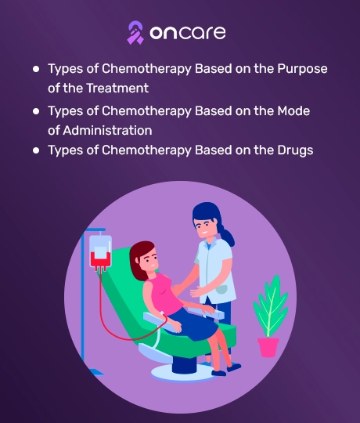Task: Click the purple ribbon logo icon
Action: point(135,33)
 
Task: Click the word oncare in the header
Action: point(188,33)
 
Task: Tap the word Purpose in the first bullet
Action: point(302,70)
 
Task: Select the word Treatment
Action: point(117,88)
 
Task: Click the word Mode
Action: point(293,111)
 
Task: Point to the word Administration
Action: point(107,130)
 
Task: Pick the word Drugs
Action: point(295,150)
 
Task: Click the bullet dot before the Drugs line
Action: point(36,150)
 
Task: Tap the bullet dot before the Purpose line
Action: point(36,69)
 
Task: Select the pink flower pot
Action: point(268,348)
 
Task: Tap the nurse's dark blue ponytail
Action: point(228,235)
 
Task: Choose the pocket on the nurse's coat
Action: point(222,290)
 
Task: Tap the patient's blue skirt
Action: point(193,324)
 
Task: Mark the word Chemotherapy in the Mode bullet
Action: point(146,111)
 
